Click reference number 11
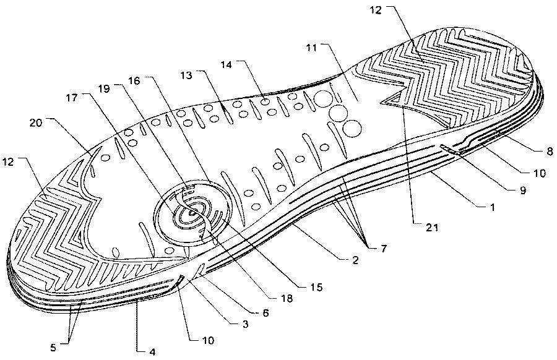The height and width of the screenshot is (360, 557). [311, 48]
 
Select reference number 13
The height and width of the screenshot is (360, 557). [186, 75]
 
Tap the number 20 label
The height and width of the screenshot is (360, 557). [35, 123]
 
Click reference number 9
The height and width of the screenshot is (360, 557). [522, 190]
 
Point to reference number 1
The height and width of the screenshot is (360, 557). [492, 207]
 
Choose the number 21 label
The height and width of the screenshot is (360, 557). [433, 227]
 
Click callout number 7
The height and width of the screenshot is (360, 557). [383, 249]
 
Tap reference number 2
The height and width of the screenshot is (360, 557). [355, 260]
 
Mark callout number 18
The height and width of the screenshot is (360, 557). [287, 299]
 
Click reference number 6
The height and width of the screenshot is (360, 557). [266, 312]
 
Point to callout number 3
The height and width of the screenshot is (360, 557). [244, 324]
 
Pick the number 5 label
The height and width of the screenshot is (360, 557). [53, 347]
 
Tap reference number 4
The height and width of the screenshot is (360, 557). [152, 353]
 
